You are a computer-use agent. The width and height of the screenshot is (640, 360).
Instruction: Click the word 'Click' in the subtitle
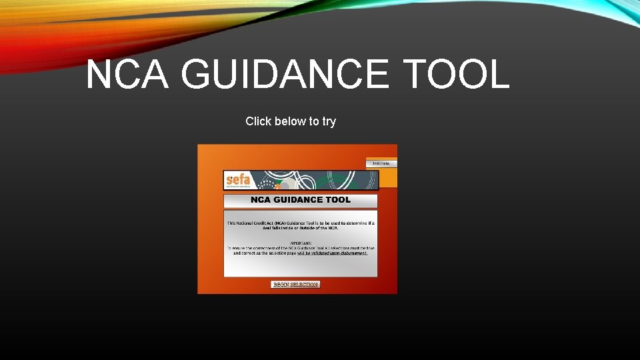click(x=257, y=121)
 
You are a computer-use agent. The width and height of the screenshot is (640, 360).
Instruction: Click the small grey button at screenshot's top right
click(x=381, y=163)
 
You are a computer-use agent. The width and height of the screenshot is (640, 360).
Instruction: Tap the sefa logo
click(x=238, y=181)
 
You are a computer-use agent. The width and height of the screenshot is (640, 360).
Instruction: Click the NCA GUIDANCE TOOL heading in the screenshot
click(x=300, y=200)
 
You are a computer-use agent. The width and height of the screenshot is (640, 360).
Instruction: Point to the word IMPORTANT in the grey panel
click(x=301, y=243)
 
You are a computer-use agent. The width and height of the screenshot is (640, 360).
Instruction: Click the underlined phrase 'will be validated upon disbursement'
click(x=332, y=253)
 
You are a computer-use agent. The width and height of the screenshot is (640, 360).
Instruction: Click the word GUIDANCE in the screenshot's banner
click(x=301, y=200)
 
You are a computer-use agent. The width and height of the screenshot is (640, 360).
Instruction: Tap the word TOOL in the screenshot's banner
click(x=339, y=200)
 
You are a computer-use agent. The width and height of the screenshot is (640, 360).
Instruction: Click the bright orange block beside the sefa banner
click(x=388, y=177)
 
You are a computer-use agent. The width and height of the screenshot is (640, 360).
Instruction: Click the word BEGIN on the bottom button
click(x=281, y=285)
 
